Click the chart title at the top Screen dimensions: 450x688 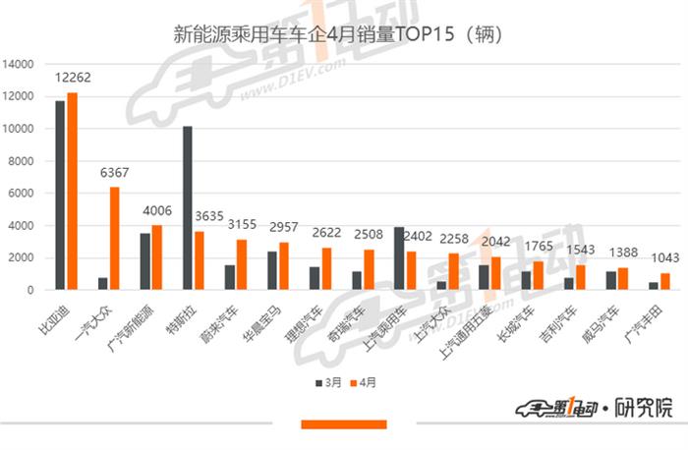(x=338, y=36)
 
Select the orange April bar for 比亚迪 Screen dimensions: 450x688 (x=72, y=192)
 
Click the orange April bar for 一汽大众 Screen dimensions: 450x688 (x=114, y=239)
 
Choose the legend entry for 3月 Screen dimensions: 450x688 (x=323, y=381)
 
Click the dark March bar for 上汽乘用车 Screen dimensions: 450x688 (x=398, y=258)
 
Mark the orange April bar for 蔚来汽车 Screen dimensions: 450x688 (x=241, y=264)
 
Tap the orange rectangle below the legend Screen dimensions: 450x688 (x=343, y=424)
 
